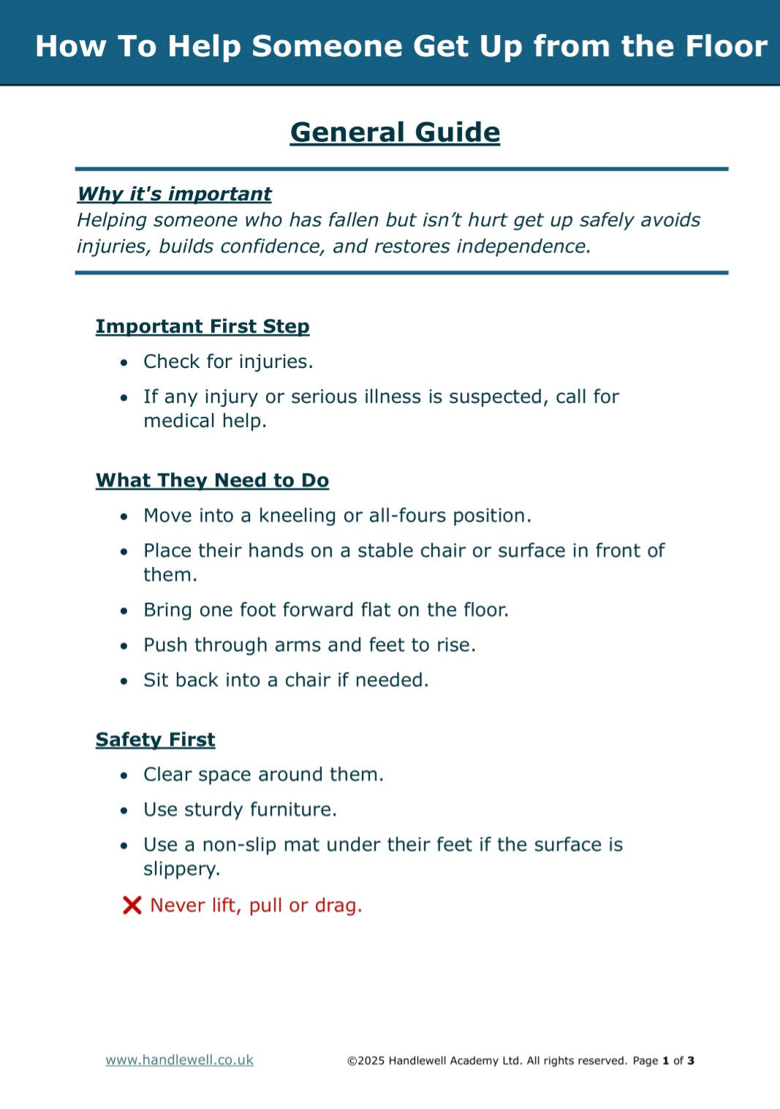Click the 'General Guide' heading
(395, 132)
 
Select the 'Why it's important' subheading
(174, 194)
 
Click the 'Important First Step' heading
(202, 326)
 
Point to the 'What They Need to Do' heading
(212, 481)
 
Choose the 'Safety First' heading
(155, 740)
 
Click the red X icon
(132, 906)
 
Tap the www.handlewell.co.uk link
(179, 1060)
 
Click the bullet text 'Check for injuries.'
(228, 361)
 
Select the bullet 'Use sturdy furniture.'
(240, 810)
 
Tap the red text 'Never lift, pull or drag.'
(256, 906)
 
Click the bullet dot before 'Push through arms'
(124, 646)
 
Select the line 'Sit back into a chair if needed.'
(286, 680)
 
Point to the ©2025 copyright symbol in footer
(352, 1061)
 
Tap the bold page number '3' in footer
(691, 1061)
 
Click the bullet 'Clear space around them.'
(263, 775)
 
